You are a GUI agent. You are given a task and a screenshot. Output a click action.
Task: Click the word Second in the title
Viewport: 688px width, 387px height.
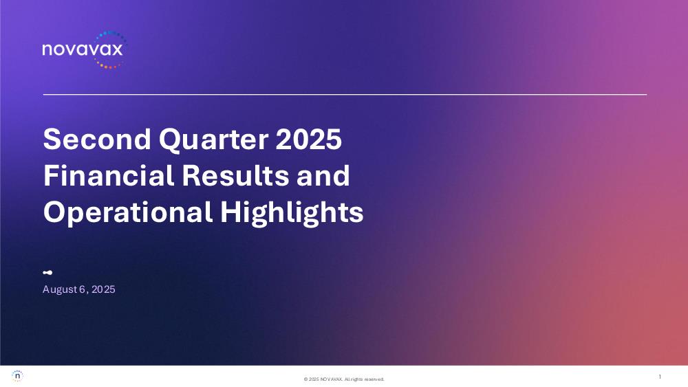click(97, 139)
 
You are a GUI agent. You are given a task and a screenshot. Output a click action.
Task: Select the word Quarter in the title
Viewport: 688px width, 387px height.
click(213, 140)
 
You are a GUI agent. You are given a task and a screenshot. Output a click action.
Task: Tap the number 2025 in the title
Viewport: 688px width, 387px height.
click(309, 139)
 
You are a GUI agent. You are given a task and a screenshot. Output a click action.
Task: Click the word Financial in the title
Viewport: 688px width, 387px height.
click(109, 175)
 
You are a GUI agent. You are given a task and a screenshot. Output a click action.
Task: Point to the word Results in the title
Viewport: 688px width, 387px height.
click(235, 175)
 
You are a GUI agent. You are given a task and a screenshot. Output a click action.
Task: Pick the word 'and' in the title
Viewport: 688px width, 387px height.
click(323, 175)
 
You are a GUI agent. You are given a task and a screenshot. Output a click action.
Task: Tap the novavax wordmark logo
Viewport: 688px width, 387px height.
click(83, 49)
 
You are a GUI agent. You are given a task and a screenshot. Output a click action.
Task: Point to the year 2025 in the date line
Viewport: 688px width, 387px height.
click(104, 289)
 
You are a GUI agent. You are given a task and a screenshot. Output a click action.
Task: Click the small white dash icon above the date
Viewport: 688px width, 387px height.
click(48, 273)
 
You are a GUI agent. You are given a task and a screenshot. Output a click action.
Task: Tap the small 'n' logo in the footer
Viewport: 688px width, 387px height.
click(17, 376)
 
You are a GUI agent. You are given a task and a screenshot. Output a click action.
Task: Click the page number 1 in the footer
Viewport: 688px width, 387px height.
click(660, 377)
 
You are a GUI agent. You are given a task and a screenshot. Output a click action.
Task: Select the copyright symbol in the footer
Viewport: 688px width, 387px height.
click(306, 379)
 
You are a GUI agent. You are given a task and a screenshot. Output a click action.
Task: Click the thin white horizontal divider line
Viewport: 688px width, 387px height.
click(345, 94)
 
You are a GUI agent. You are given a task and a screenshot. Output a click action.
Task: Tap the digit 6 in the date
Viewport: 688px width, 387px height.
click(82, 289)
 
